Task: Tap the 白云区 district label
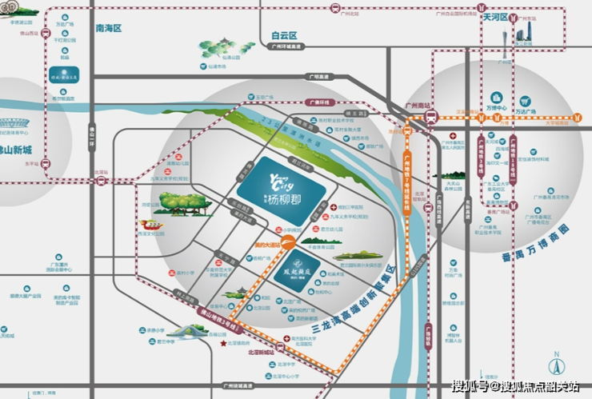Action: coord(284,35)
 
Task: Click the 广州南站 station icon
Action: coord(430,117)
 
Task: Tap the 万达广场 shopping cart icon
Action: coord(526,102)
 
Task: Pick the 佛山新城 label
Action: coord(16,150)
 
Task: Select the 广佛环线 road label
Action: coord(321,102)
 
